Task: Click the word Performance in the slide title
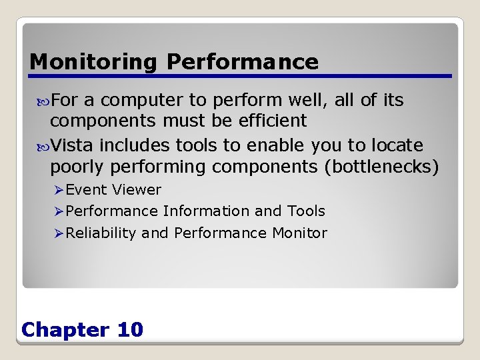(243, 62)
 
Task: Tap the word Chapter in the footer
(65, 329)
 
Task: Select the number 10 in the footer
(129, 329)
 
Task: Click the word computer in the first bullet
(142, 101)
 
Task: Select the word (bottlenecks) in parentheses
(381, 166)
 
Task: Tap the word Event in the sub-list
(87, 190)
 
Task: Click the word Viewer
(137, 190)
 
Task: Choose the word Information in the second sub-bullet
(207, 211)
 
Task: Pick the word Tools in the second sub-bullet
(306, 211)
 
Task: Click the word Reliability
(101, 233)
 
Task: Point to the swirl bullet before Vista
(45, 146)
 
